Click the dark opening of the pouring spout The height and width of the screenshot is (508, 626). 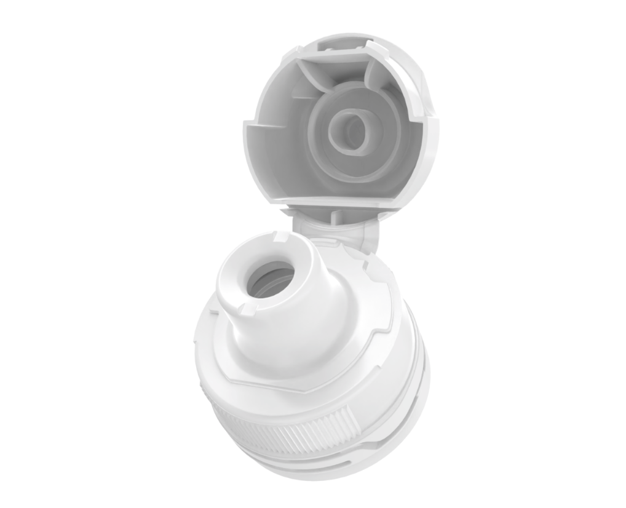tap(271, 280)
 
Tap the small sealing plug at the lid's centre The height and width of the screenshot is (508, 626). tap(348, 129)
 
